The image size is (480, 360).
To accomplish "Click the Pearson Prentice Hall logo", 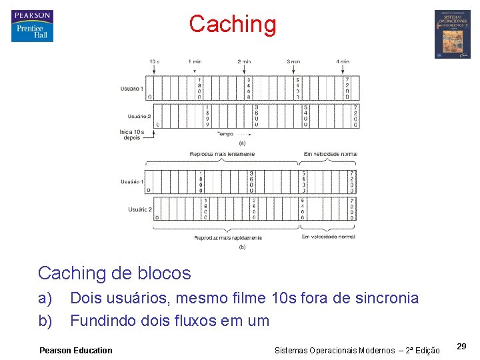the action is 32,26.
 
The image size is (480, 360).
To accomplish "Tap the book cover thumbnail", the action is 452,34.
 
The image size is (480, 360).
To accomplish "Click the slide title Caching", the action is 232,24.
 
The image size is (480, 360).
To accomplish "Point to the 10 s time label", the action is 154,61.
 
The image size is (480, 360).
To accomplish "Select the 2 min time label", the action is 244,61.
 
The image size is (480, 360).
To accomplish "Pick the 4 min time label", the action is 343,61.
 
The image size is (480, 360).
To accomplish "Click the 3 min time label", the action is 293,61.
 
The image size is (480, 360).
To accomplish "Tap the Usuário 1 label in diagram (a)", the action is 131,89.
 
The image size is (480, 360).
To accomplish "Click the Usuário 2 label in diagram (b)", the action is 140,209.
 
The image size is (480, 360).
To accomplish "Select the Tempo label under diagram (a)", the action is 225,133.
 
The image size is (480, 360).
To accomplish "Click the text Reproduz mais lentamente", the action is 222,154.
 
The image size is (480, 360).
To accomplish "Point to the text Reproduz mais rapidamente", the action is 228,237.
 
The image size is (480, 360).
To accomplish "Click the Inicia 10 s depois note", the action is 131,135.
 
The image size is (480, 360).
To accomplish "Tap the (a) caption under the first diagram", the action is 242,143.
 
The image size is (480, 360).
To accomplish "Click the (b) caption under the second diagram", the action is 242,247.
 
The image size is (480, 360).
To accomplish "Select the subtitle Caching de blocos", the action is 114,273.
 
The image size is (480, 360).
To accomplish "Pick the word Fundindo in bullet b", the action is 103,321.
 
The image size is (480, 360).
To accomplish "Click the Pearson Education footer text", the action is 76,350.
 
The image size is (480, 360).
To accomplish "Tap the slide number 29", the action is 461,346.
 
